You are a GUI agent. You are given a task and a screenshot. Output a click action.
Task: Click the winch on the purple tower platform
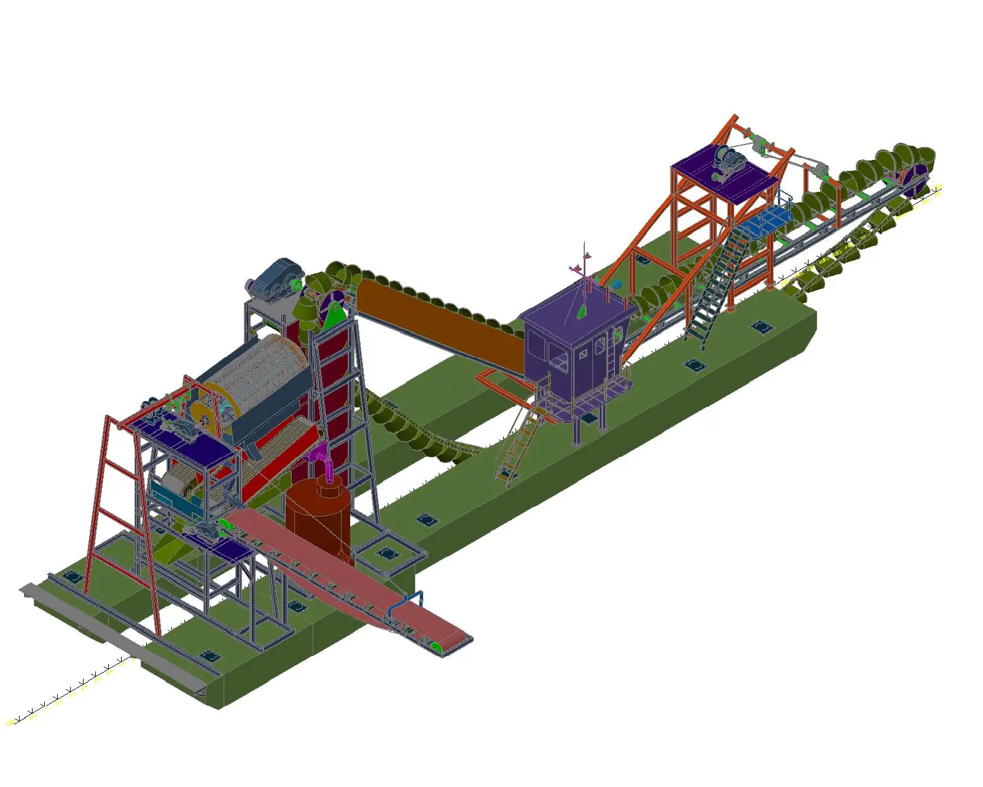click(x=728, y=161)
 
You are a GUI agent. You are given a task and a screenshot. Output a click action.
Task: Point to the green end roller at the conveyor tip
click(x=437, y=647)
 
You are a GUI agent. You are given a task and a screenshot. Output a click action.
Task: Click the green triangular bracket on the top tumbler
click(x=334, y=317)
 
